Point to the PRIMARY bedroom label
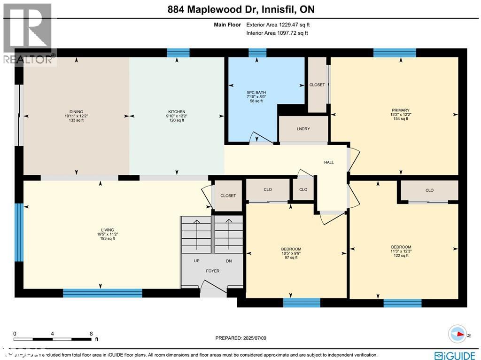pyautogui.click(x=401, y=110)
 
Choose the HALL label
pyautogui.click(x=329, y=162)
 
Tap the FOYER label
pyautogui.click(x=212, y=271)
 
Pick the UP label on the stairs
pyautogui.click(x=197, y=261)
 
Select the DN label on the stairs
pyautogui.click(x=229, y=261)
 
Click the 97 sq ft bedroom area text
pyautogui.click(x=291, y=258)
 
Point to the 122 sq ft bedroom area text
pyautogui.click(x=401, y=256)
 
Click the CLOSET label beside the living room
pyautogui.click(x=228, y=196)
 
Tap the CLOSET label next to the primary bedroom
pyautogui.click(x=317, y=85)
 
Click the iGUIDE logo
pyautogui.click(x=454, y=355)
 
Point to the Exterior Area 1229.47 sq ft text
pyautogui.click(x=277, y=24)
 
